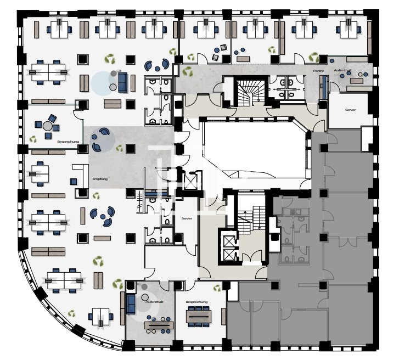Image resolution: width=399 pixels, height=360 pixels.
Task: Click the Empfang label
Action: [x=100, y=179]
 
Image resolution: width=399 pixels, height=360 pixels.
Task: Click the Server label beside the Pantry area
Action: [x=350, y=110]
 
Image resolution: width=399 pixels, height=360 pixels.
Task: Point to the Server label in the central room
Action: [x=186, y=218]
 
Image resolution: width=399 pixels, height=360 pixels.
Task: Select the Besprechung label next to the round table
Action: [x=68, y=142]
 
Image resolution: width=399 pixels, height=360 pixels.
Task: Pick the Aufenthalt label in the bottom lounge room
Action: [x=155, y=302]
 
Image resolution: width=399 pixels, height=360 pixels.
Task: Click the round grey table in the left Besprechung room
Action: [x=48, y=126]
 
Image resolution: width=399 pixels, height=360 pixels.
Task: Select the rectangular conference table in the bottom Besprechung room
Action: [x=198, y=316]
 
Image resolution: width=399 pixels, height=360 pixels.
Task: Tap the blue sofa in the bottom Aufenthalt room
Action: [x=131, y=304]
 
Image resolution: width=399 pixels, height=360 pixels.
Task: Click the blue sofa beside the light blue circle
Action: [x=122, y=82]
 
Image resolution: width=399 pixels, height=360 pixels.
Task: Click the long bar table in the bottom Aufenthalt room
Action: [x=159, y=325]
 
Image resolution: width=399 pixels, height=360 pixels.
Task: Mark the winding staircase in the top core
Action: [x=250, y=92]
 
